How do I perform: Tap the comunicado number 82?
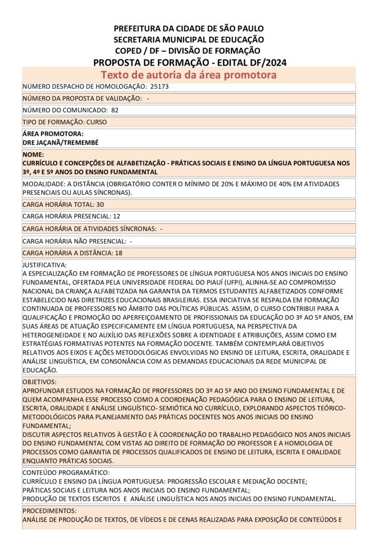point(115,110)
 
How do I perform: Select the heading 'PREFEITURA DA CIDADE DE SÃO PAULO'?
point(189,28)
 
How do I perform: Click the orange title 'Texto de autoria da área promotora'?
point(189,75)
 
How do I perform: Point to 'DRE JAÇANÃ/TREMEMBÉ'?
point(60,143)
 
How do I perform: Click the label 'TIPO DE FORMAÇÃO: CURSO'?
point(65,122)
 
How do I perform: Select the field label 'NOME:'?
point(33,154)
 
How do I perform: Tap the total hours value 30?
point(100,204)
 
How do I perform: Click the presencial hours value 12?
point(117,216)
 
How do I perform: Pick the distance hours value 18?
point(119,253)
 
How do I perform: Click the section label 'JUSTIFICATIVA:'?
point(44,264)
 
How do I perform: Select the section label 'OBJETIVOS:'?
point(40,382)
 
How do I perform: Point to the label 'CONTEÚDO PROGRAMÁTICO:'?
point(66,473)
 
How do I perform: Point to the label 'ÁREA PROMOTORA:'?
point(53,134)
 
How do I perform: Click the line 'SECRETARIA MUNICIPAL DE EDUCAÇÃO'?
point(189,40)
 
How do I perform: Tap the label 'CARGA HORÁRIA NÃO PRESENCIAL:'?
point(74,241)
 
